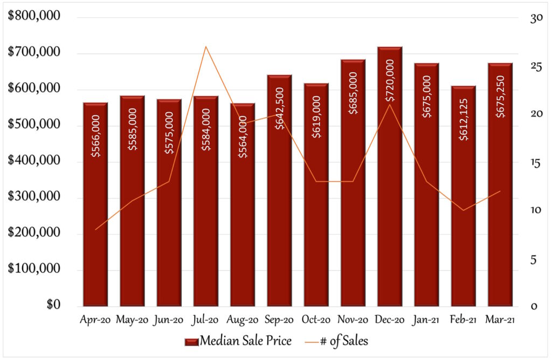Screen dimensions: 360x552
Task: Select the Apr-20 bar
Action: (x=95, y=216)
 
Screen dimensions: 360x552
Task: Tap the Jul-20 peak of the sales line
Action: (x=205, y=47)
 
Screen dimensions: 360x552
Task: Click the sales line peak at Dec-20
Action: (x=390, y=104)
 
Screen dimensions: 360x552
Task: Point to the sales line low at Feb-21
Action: (x=463, y=210)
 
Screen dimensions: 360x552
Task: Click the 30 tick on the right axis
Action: (x=521, y=18)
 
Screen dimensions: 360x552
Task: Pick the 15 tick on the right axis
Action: (x=521, y=162)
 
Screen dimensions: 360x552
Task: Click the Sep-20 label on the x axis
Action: (x=279, y=320)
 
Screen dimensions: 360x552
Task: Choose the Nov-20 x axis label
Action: (x=353, y=320)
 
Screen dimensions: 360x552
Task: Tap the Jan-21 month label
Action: (x=426, y=320)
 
